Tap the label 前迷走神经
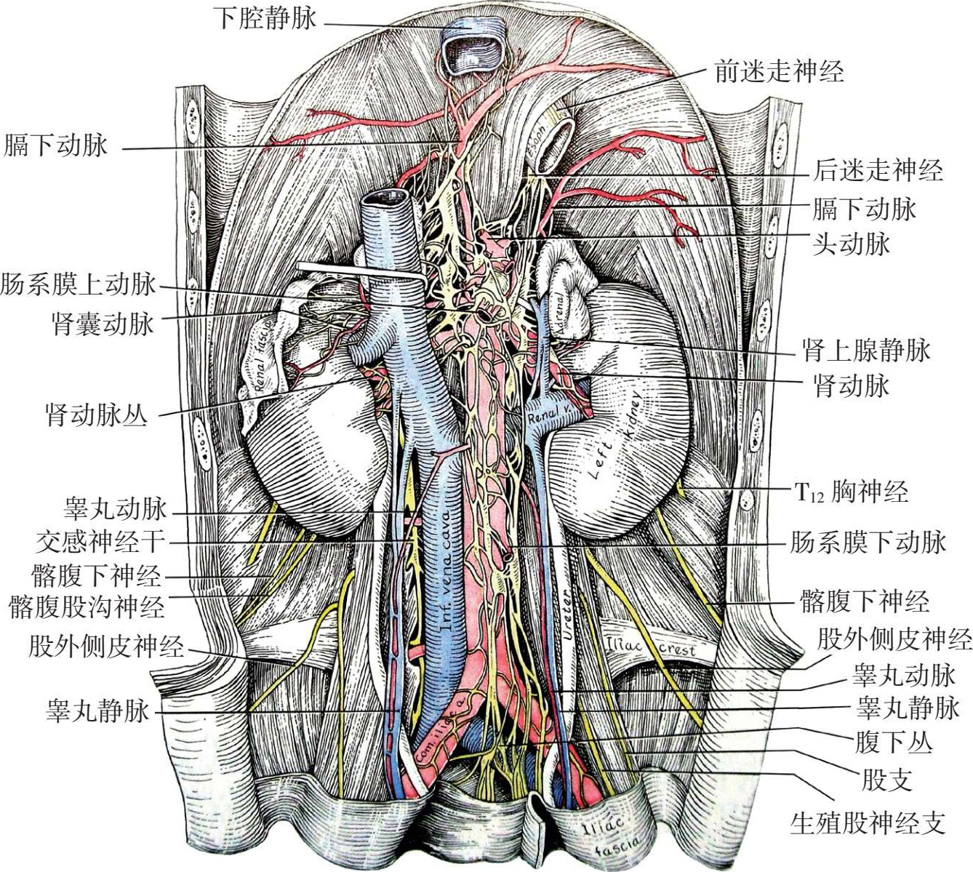tap(779, 71)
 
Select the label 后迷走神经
tap(877, 170)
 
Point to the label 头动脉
tap(851, 243)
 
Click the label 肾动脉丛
tap(97, 415)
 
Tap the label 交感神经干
tap(101, 541)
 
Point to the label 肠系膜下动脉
tap(868, 542)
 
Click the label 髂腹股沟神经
tap(87, 606)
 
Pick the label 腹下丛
tap(893, 743)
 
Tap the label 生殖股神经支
tap(868, 823)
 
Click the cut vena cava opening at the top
tap(474, 51)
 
